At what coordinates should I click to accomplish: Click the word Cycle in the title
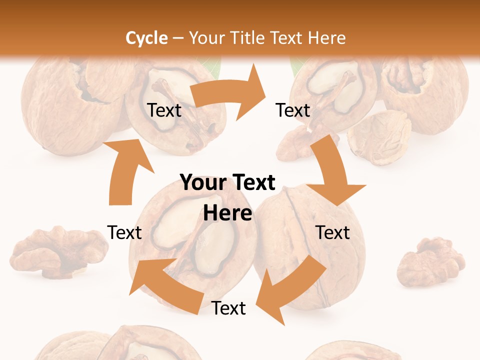146,38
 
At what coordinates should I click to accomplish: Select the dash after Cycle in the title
178,38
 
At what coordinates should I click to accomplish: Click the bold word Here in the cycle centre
227,213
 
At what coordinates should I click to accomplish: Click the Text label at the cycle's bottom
228,308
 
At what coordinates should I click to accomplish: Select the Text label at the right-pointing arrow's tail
164,110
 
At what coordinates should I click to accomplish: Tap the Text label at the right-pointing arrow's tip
293,110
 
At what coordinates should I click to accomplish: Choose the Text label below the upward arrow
124,232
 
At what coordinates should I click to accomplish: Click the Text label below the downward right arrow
332,232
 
